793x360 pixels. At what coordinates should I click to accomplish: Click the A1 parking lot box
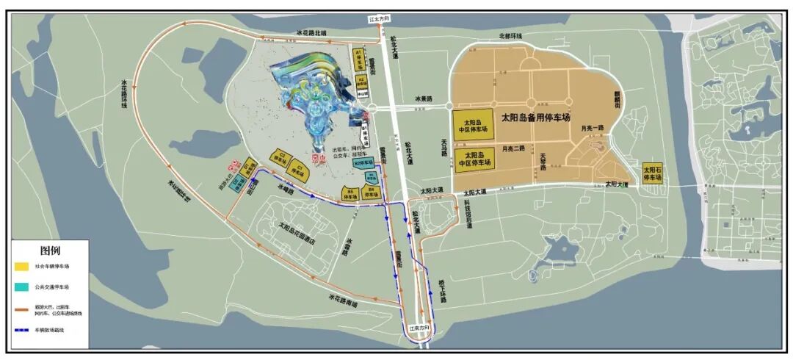(x=360, y=58)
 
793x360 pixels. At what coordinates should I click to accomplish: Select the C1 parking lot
(x=297, y=168)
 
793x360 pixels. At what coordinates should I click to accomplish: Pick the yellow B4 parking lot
(x=372, y=192)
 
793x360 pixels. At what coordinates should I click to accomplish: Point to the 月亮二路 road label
(x=513, y=149)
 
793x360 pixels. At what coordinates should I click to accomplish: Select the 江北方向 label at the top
(x=378, y=18)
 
